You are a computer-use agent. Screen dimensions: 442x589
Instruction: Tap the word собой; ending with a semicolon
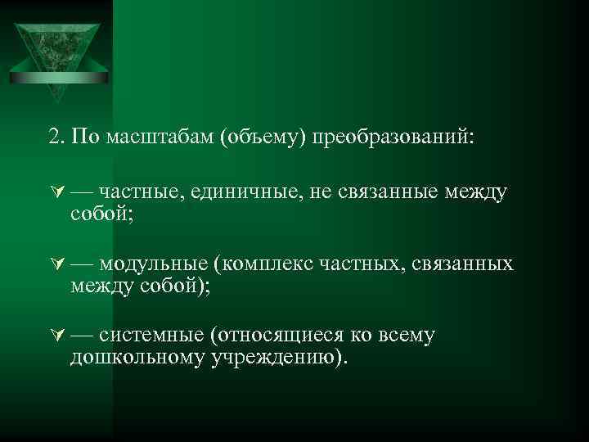(x=101, y=214)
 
